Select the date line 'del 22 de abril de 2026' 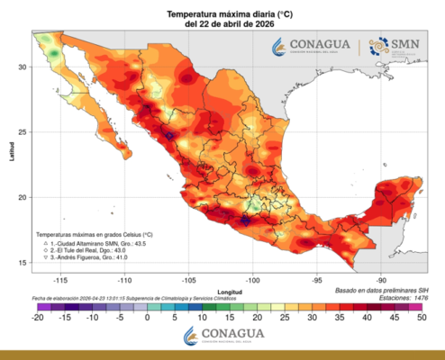pos(222,25)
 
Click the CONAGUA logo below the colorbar pos(222,336)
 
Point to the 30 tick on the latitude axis pos(24,67)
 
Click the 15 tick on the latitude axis pos(24,262)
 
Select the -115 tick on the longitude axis pos(59,278)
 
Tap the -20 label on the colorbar pos(37,317)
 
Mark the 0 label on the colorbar pos(147,317)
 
